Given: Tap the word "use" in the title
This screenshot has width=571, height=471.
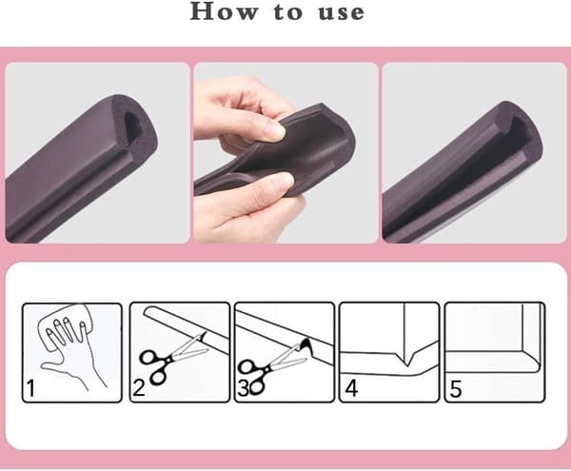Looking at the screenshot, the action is (342, 13).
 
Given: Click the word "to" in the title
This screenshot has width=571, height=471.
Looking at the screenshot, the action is (287, 12).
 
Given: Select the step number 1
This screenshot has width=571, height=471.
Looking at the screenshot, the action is (31, 388).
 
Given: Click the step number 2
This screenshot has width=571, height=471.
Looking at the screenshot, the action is (139, 387).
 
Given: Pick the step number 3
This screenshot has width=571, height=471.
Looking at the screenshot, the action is (242, 388).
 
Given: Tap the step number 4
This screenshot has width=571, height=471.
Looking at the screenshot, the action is (351, 388).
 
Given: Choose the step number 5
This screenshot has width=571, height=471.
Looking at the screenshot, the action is (456, 389).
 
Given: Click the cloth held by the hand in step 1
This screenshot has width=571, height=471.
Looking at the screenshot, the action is (66, 321).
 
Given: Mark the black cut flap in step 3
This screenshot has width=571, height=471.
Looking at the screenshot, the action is (305, 344).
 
